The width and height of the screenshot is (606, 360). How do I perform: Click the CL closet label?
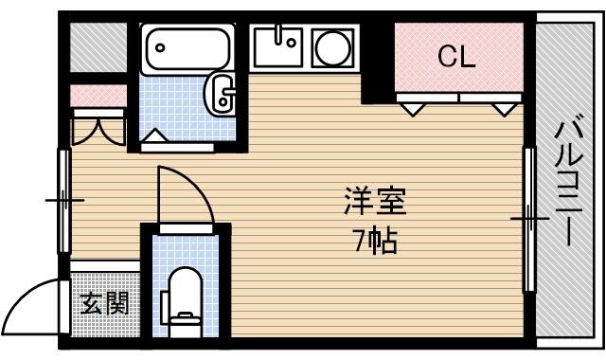click(x=456, y=57)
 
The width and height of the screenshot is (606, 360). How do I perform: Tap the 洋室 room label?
click(x=375, y=202)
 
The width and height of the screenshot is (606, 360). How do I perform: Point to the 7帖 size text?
click(x=375, y=242)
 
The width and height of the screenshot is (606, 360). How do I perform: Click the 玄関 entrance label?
click(x=104, y=303)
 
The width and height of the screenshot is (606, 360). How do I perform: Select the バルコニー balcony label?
click(x=568, y=180)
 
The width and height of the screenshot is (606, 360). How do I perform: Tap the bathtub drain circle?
click(x=160, y=48)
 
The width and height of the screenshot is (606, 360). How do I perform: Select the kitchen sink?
click(x=277, y=46)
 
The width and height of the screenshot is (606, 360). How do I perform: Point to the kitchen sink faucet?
click(x=278, y=34)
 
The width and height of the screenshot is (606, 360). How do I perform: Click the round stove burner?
click(x=333, y=48)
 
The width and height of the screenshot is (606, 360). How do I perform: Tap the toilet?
click(x=183, y=301)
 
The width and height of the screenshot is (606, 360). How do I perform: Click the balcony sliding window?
click(x=529, y=219)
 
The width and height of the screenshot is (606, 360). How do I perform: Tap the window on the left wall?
click(x=64, y=201)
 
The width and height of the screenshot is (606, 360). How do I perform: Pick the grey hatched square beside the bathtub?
click(x=98, y=47)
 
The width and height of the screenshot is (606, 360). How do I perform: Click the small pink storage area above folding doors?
click(x=98, y=96)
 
